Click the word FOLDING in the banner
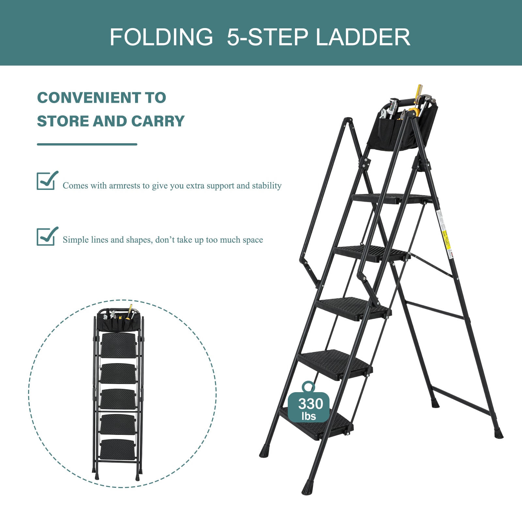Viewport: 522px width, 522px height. pos(161,37)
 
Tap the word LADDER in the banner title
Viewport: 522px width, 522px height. pos(363,37)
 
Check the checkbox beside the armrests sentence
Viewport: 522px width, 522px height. pos(47,180)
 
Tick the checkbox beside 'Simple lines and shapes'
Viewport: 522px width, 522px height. pos(47,236)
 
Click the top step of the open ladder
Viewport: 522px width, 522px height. pos(391,198)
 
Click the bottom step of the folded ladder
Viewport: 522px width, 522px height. pos(118,450)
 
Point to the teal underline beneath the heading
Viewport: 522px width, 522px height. pos(87,144)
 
